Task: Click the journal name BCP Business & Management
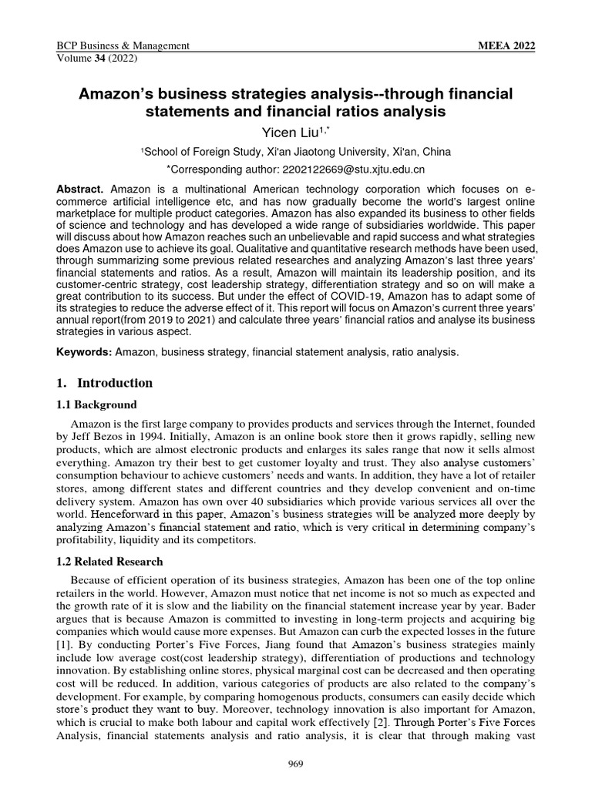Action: (x=123, y=46)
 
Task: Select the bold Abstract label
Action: (x=81, y=190)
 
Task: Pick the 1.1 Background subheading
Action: (x=97, y=405)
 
